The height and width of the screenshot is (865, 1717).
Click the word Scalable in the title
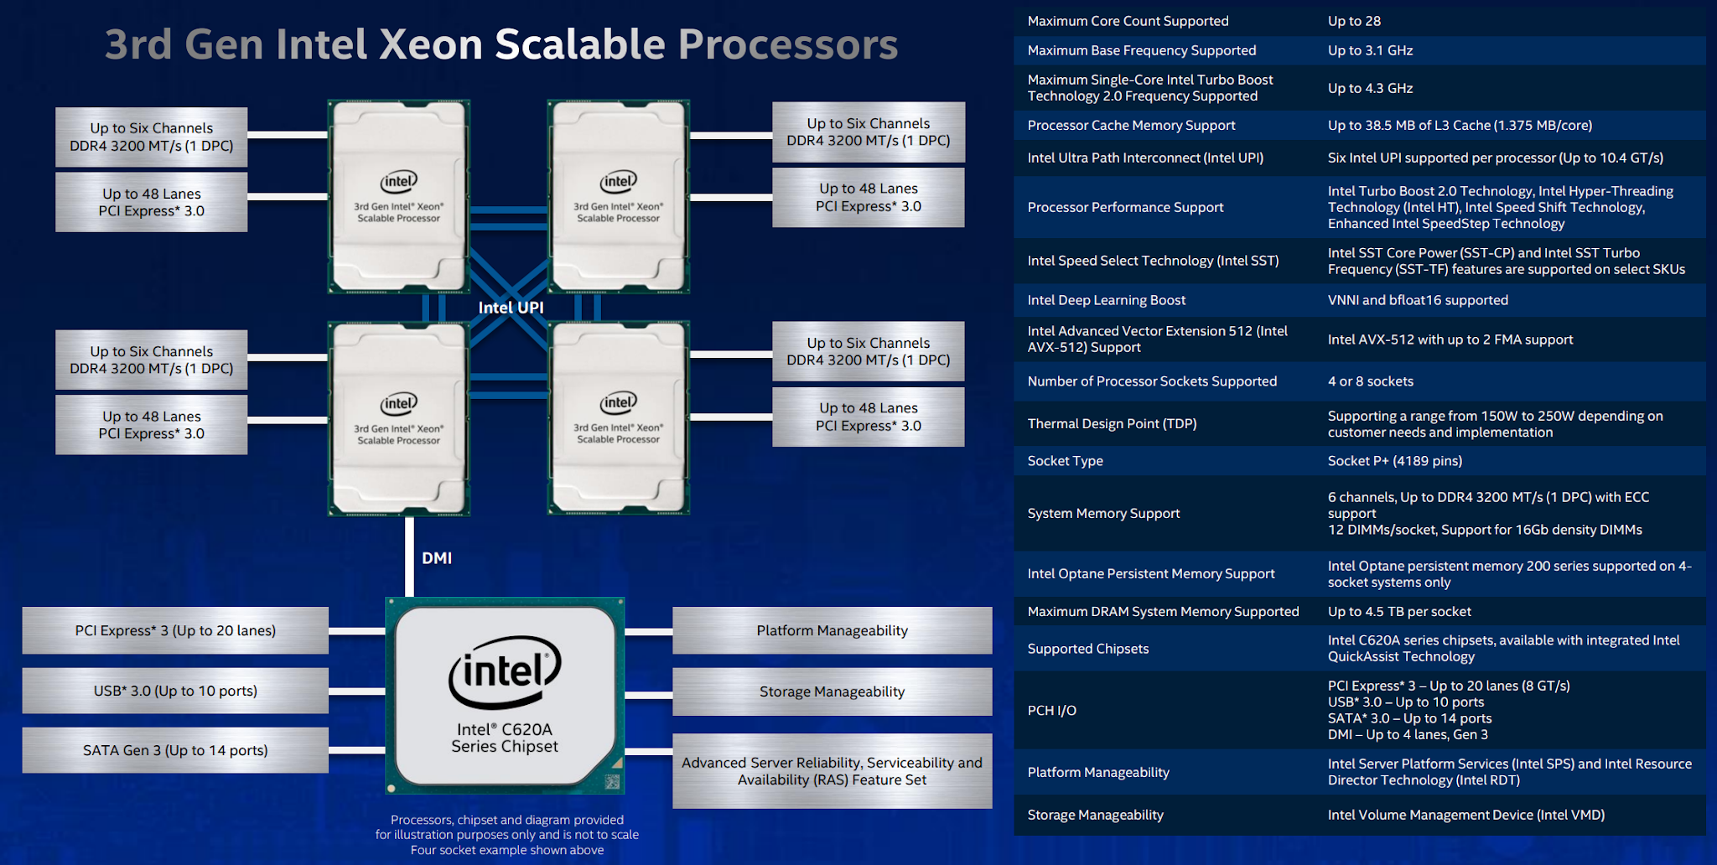pos(580,44)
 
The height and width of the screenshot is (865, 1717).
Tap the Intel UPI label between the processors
pos(511,308)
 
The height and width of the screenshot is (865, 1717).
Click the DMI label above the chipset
pos(437,558)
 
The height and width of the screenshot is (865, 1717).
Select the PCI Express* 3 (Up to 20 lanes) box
pos(175,630)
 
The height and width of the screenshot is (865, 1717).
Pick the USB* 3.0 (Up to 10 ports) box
pos(175,691)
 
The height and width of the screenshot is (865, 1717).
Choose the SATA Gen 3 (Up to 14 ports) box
pos(175,750)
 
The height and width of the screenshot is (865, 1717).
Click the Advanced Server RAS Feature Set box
pos(832,771)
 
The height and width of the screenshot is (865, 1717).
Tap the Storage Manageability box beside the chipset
pos(832,691)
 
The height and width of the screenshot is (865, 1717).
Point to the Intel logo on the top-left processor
pos(399,181)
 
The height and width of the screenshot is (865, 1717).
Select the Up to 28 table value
pos(1354,21)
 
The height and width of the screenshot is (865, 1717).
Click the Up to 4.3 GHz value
pos(1370,88)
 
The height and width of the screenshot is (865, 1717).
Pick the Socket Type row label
pos(1065,461)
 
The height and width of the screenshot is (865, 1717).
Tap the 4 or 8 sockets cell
pos(1370,381)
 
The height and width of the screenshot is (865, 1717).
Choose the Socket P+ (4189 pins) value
pos(1394,461)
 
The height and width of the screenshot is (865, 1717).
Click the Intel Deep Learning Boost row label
pos(1106,300)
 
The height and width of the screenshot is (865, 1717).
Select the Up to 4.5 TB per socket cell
pos(1398,612)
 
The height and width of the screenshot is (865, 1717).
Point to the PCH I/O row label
pos(1051,711)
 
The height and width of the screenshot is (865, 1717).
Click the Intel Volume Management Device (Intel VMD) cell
pos(1465,815)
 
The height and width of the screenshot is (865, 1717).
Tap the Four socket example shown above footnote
pos(507,850)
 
